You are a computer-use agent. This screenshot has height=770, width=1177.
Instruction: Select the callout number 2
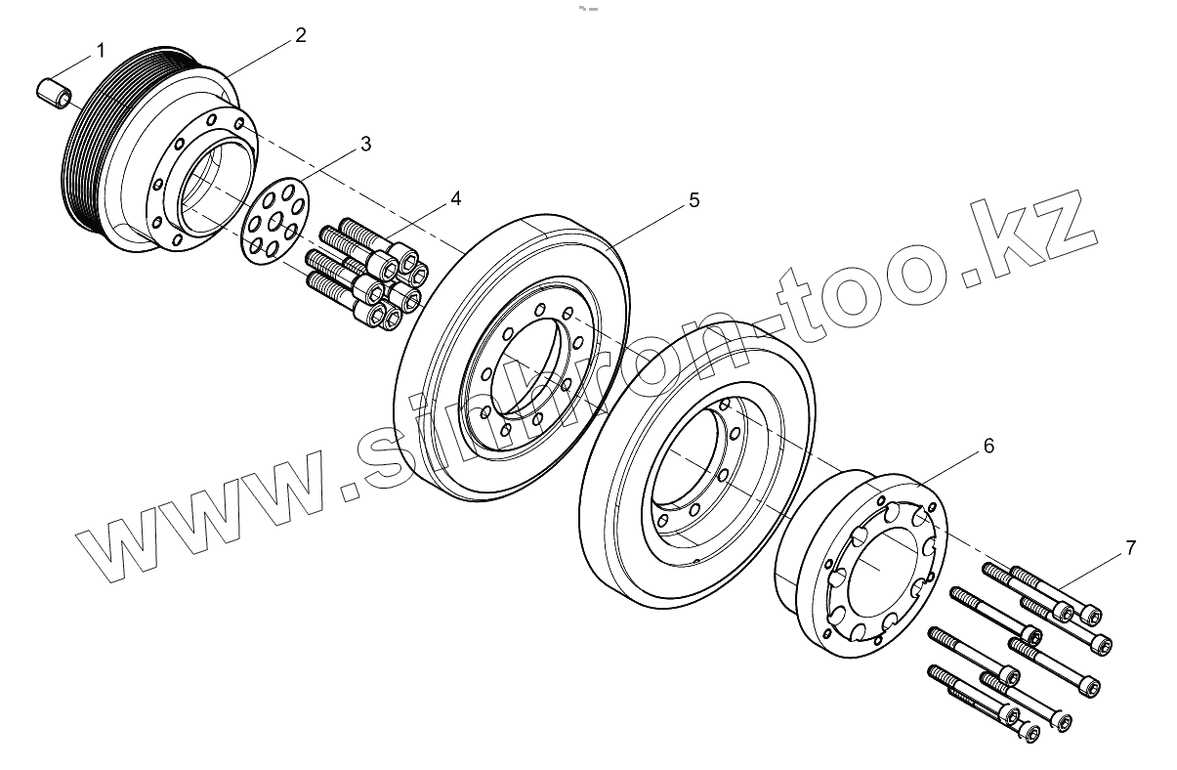tap(301, 35)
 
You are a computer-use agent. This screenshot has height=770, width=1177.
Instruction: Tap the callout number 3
tap(365, 144)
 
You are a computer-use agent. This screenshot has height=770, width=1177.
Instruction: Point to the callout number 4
tap(455, 198)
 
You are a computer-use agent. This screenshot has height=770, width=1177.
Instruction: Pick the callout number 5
tap(694, 200)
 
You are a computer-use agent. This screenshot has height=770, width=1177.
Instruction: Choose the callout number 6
tap(988, 446)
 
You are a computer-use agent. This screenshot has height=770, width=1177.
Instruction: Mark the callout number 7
tap(1130, 547)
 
